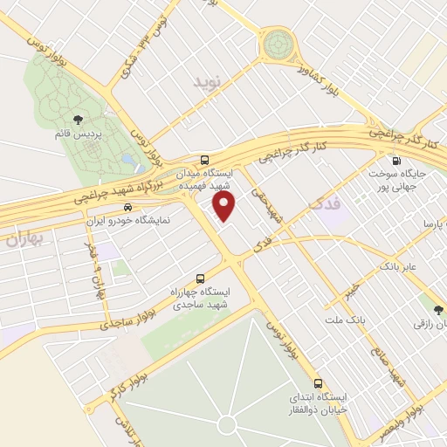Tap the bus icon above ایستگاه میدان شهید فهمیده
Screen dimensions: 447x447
click(203, 160)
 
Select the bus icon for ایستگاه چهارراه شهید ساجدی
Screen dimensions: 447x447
click(202, 279)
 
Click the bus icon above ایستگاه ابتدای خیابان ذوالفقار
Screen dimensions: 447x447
click(318, 382)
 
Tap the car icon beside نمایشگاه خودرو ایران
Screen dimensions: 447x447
click(128, 208)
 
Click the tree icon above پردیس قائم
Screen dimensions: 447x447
click(79, 120)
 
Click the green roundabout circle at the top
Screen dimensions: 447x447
click(279, 41)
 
